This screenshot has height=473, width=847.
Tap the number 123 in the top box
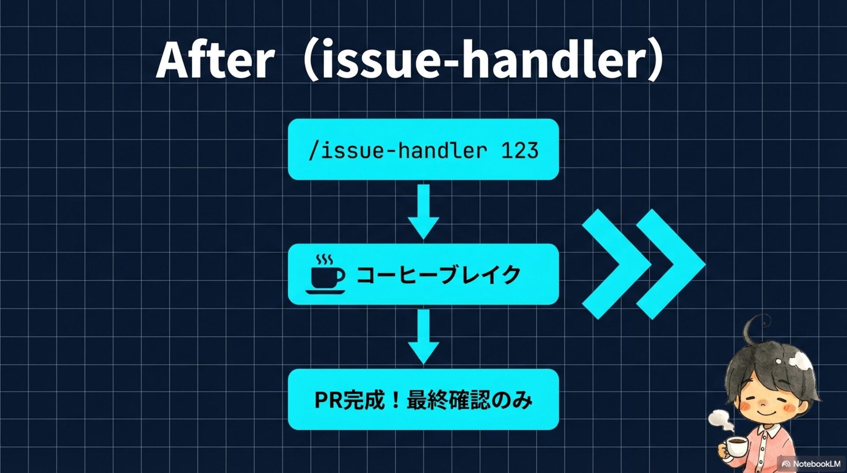(520, 151)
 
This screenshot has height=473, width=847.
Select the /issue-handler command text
(397, 151)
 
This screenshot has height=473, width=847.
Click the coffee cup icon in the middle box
(326, 275)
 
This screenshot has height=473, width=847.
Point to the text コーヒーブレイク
(438, 275)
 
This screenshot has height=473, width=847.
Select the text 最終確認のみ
(469, 400)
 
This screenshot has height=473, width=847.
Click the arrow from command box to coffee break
(423, 211)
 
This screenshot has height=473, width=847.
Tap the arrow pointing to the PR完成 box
(423, 336)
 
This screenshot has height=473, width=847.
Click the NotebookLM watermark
(812, 464)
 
